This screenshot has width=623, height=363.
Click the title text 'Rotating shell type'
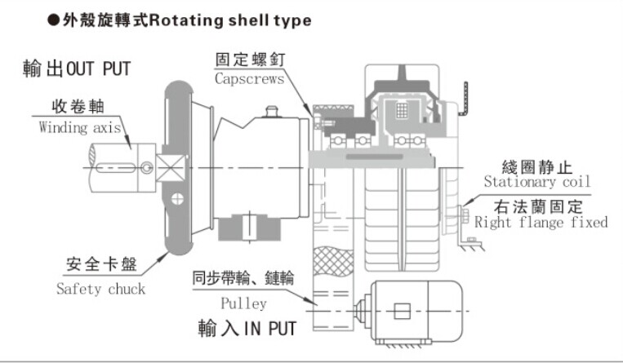point(231,20)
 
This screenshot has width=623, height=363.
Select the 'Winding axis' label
point(80,127)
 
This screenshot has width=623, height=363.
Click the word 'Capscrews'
point(249,79)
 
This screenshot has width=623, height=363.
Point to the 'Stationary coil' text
point(536,182)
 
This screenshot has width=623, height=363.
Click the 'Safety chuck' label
point(100,288)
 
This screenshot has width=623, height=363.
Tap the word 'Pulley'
point(243,303)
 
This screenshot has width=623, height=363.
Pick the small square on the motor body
point(400,311)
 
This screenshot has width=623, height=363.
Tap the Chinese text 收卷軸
point(81,108)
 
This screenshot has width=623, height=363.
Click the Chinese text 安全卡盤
point(100,267)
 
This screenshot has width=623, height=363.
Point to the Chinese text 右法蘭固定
point(541,204)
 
